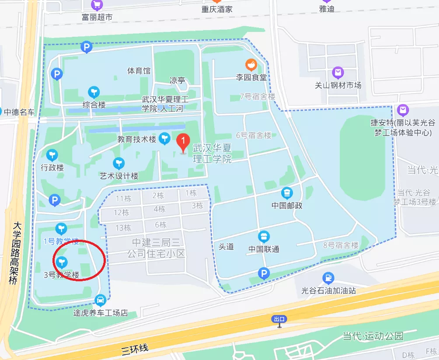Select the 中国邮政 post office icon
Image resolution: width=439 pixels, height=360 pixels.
(287, 192)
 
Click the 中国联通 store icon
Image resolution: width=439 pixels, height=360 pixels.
(264, 237)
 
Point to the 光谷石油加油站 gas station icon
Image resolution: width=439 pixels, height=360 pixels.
(328, 278)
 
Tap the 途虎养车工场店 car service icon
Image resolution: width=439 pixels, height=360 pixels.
(100, 300)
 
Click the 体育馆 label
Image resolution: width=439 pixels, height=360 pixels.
(139, 70)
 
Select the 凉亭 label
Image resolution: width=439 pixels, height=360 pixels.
(177, 80)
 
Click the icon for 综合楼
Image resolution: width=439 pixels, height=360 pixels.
(94, 92)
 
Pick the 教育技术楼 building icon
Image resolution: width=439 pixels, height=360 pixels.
(164, 139)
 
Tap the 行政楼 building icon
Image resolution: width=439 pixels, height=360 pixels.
(52, 155)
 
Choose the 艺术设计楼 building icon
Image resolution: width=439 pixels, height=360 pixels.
(118, 164)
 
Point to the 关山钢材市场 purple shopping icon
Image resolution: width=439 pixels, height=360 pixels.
(338, 73)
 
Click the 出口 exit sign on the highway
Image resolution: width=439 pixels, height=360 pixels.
(279, 319)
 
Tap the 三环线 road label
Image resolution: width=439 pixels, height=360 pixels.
(135, 349)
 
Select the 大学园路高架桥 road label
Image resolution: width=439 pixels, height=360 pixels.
(15, 253)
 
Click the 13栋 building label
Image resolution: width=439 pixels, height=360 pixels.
(123, 227)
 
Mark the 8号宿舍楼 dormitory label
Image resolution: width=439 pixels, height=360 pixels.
(340, 245)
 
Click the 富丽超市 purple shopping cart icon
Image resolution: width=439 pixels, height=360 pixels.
(97, 5)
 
